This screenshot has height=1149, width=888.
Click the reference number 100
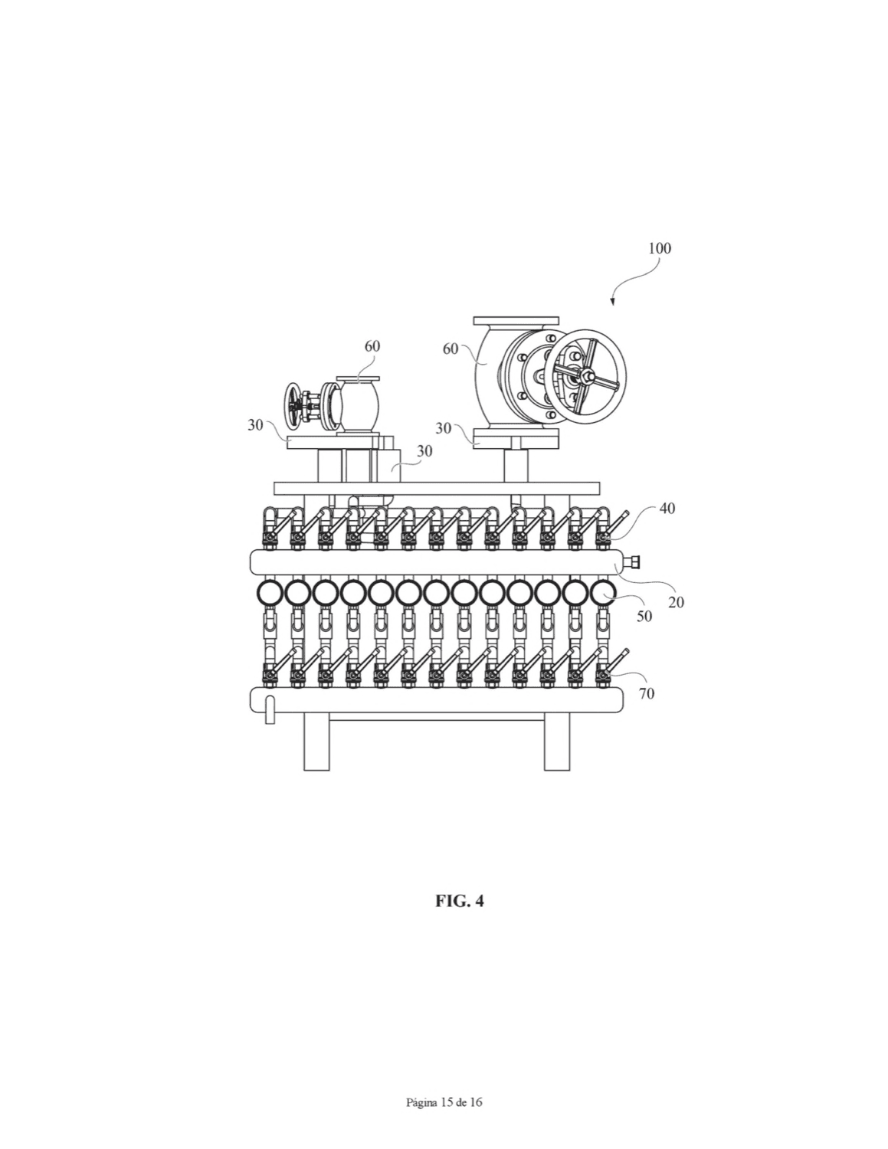(x=660, y=248)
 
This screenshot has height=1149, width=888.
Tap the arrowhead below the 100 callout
(x=612, y=302)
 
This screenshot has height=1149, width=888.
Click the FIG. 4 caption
(x=459, y=901)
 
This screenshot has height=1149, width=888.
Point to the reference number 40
(x=667, y=509)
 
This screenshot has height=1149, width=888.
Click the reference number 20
(x=676, y=602)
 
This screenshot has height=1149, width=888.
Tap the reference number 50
(x=644, y=616)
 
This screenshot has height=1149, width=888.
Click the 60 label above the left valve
(x=372, y=346)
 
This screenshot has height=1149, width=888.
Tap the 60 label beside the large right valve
(x=450, y=349)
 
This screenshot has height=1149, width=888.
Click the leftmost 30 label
(x=255, y=425)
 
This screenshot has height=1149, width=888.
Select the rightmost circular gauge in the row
(x=603, y=594)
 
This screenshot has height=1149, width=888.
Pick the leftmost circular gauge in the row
(x=270, y=594)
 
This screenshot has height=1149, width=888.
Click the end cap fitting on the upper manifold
(x=632, y=561)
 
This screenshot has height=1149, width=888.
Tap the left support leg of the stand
(x=316, y=741)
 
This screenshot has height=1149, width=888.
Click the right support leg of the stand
(x=557, y=741)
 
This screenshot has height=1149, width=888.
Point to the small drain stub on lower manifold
(x=270, y=709)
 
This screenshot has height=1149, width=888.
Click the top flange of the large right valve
(x=516, y=320)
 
